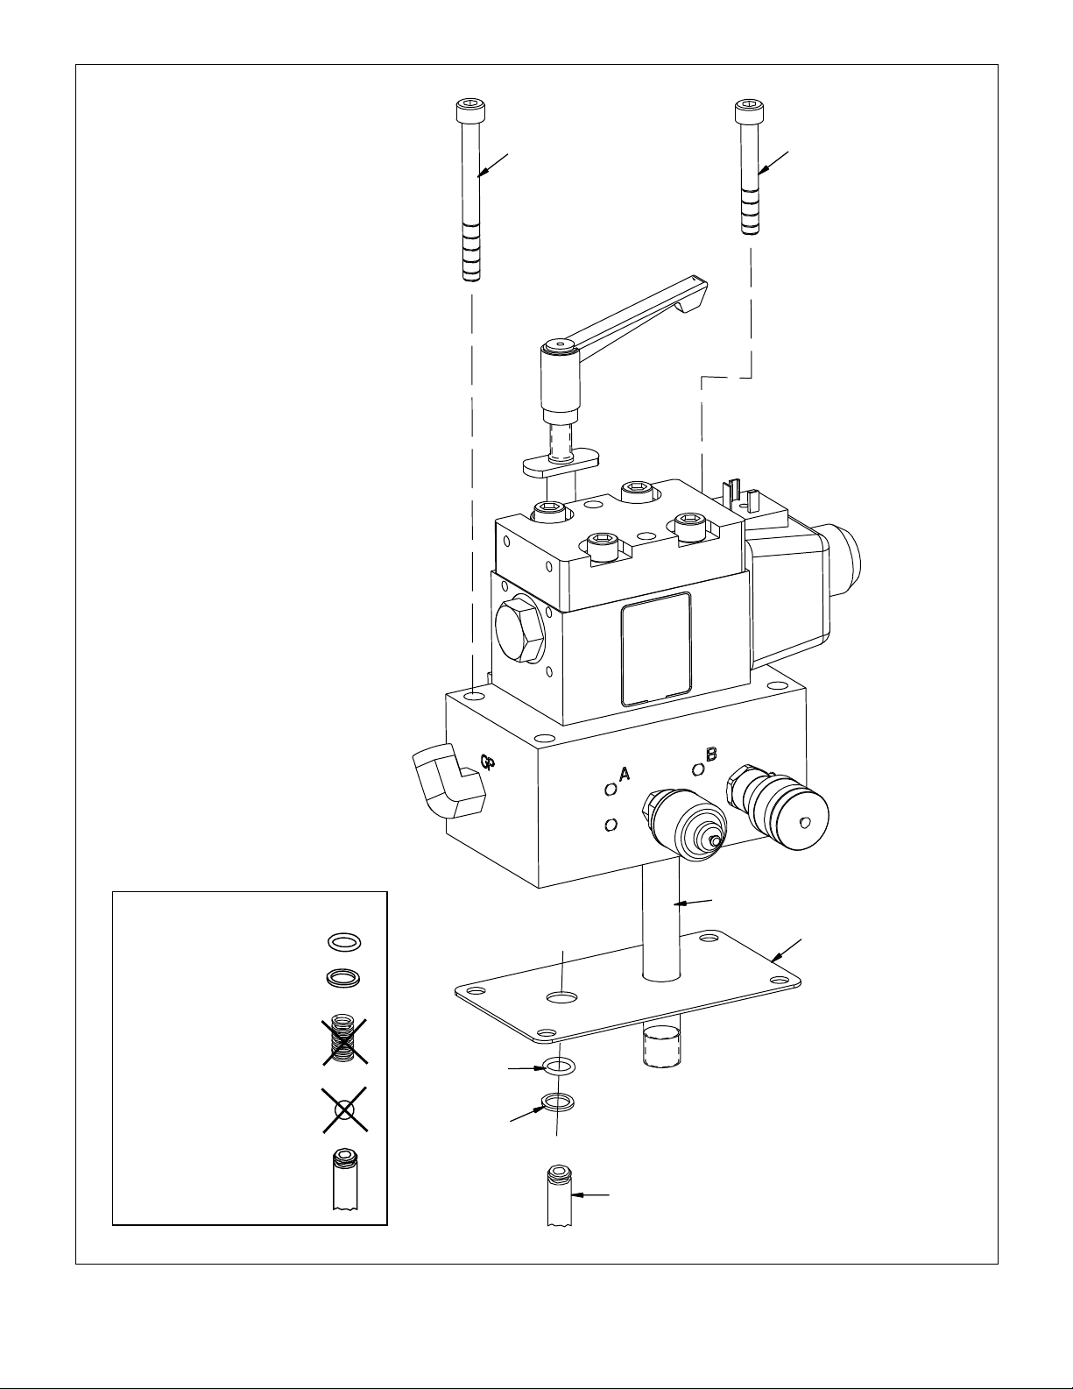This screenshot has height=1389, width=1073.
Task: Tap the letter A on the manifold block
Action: point(625,774)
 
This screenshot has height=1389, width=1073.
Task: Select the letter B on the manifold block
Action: point(711,755)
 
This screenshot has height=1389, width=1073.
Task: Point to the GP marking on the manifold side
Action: point(489,762)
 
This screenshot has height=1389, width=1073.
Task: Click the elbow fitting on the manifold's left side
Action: point(448,783)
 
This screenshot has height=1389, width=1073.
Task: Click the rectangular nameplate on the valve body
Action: point(657,648)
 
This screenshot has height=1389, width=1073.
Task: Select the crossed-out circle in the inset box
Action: point(344,1109)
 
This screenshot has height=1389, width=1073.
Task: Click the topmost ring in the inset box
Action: point(344,941)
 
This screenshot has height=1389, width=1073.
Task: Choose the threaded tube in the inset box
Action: point(345,1180)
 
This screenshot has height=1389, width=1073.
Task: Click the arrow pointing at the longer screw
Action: point(493,165)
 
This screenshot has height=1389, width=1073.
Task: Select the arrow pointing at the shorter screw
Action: point(773,163)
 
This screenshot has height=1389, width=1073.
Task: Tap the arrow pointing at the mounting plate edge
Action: point(787,951)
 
